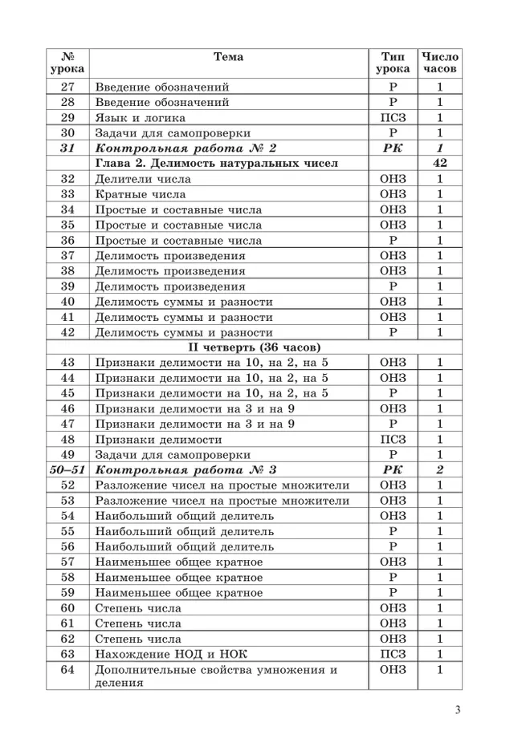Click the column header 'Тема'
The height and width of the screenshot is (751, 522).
pyautogui.click(x=228, y=57)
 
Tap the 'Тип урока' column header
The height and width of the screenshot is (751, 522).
pyautogui.click(x=394, y=63)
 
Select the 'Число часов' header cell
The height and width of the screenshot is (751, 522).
pyautogui.click(x=439, y=63)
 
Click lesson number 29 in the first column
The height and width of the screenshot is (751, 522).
pyautogui.click(x=67, y=118)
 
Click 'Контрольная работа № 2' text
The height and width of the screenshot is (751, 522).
pyautogui.click(x=186, y=148)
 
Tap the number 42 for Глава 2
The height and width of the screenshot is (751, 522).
pyautogui.click(x=439, y=164)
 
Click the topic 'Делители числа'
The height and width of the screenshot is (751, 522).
pyautogui.click(x=137, y=179)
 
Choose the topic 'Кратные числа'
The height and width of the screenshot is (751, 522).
pyautogui.click(x=141, y=194)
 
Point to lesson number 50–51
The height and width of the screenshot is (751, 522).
pyautogui.click(x=67, y=470)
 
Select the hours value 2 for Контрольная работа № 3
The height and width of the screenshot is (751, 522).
pyautogui.click(x=439, y=470)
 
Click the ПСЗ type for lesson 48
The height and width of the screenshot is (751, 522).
pyautogui.click(x=394, y=440)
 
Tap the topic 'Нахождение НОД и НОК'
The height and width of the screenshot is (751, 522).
pyautogui.click(x=171, y=654)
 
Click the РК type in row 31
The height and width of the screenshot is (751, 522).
pyautogui.click(x=394, y=148)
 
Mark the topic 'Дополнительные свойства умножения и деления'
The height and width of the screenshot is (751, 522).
pyautogui.click(x=215, y=676)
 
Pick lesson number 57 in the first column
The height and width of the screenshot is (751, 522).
pyautogui.click(x=67, y=562)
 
